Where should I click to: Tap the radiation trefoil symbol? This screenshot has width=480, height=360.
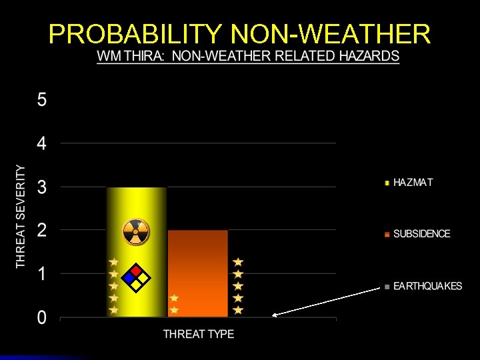pyautogui.click(x=136, y=232)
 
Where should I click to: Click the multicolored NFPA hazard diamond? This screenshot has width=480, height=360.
pyautogui.click(x=136, y=277)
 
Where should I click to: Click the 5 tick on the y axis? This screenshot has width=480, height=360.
pyautogui.click(x=42, y=101)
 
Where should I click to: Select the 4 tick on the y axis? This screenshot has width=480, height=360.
pyautogui.click(x=42, y=144)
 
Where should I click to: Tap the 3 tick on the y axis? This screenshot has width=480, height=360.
pyautogui.click(x=42, y=187)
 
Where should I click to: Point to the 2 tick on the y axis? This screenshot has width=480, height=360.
pyautogui.click(x=42, y=231)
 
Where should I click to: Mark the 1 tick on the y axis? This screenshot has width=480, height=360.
pyautogui.click(x=42, y=274)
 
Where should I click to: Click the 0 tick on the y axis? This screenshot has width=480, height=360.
pyautogui.click(x=42, y=317)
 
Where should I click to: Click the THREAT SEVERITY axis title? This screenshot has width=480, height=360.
pyautogui.click(x=21, y=217)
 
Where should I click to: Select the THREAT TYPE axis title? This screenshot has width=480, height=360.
pyautogui.click(x=199, y=333)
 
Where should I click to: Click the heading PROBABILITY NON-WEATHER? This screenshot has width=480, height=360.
pyautogui.click(x=240, y=33)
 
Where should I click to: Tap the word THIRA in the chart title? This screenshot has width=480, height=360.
pyautogui.click(x=144, y=56)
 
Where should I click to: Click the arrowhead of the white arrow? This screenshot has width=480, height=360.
pyautogui.click(x=275, y=315)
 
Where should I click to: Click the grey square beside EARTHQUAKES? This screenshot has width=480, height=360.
pyautogui.click(x=387, y=287)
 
